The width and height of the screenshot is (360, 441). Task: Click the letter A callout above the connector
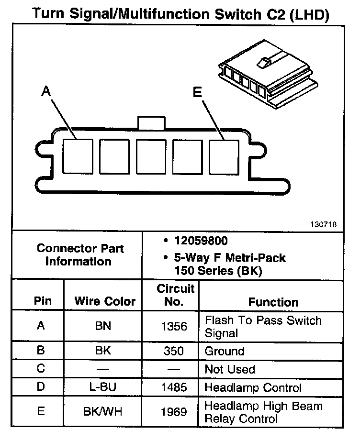point(46,91)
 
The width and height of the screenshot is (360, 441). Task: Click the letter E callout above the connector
point(197,92)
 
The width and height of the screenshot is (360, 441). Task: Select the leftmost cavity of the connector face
point(78,156)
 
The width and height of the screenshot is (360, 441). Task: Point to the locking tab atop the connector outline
point(152,122)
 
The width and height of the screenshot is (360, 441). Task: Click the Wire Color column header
point(105,302)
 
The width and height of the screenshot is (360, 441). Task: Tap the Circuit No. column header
point(175,295)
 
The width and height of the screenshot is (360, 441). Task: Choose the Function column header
point(273,302)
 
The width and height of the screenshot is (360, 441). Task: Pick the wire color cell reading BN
point(103,326)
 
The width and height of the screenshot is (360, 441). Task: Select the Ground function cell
point(225,351)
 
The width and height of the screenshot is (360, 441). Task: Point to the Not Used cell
point(230,369)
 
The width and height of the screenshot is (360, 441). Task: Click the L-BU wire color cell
point(103,387)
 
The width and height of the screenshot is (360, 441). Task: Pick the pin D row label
point(41,387)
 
